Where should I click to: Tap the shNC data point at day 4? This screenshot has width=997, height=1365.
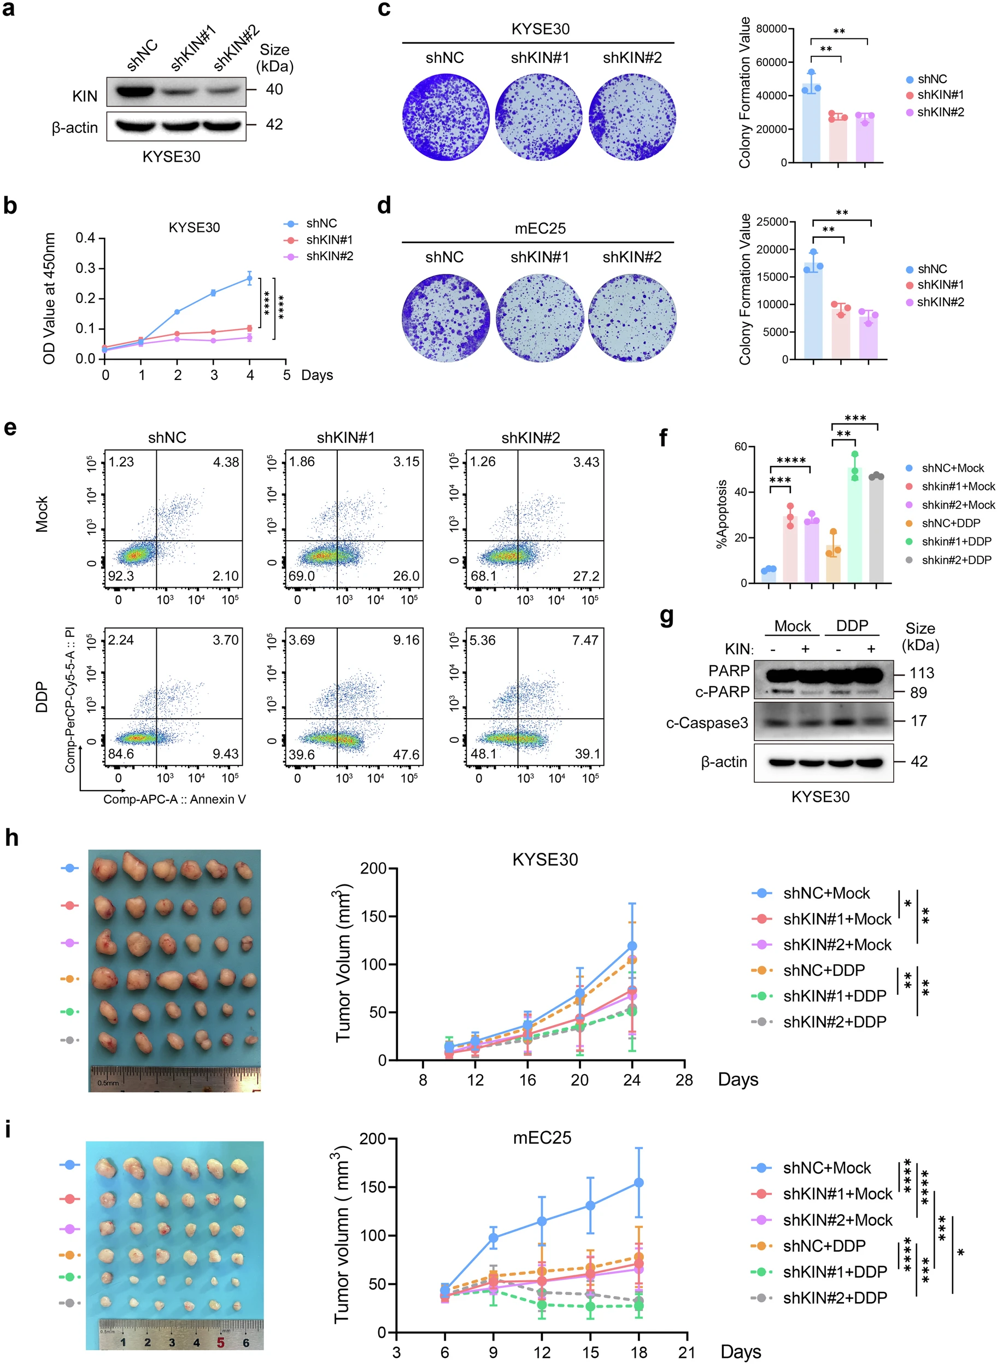point(250,278)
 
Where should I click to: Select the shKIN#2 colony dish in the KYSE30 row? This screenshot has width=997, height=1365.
point(632,117)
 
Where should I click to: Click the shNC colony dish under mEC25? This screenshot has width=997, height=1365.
point(445,318)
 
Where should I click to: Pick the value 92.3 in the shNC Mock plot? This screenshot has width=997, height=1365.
point(121,576)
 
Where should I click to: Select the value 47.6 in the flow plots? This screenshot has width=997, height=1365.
point(406,754)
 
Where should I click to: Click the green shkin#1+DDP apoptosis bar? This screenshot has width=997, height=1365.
point(854,525)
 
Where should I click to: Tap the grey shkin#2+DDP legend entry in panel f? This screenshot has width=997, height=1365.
point(956,560)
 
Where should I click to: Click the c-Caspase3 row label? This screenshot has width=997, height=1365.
point(707,722)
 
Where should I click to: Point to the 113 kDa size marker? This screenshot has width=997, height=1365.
point(922,673)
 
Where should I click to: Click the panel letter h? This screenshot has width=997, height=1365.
point(11,838)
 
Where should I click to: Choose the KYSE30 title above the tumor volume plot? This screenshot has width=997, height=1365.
point(545,859)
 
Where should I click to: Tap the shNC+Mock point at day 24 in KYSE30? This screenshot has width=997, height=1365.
point(632,946)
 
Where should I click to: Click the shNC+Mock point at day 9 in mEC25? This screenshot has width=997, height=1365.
point(493,1238)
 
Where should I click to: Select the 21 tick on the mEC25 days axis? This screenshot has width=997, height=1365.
point(687,1352)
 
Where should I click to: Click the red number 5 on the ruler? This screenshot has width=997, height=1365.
point(221,1342)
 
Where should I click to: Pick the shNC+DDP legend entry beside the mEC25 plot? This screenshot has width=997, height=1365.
point(824,1245)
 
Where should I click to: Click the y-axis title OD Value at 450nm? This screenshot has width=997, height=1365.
point(50,298)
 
